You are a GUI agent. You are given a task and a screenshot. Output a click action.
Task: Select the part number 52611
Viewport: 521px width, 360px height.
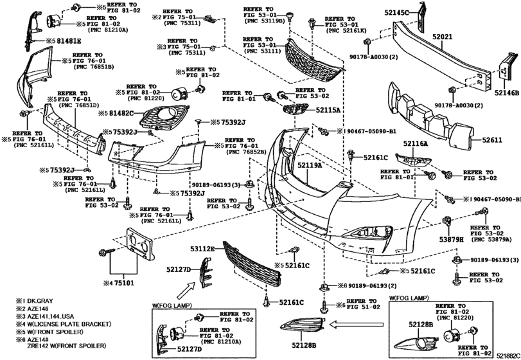491,139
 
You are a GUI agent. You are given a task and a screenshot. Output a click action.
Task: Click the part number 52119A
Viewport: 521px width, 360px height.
308,165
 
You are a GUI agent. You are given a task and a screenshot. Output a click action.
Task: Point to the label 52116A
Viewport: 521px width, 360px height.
416,144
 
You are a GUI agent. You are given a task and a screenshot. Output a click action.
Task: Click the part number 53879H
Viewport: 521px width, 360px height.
454,240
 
